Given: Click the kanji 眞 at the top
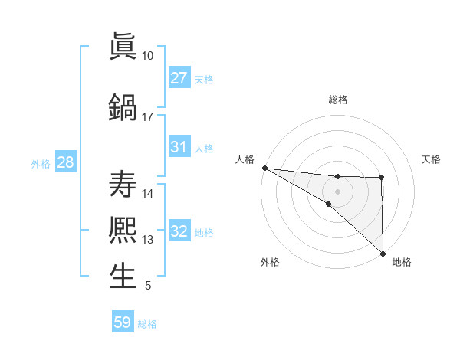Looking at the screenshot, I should (x=123, y=47).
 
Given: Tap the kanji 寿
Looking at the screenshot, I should (x=123, y=185).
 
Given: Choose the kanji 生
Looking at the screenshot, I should (x=123, y=277).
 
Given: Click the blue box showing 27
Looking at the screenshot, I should (x=179, y=78).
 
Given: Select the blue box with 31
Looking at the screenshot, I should (x=179, y=147).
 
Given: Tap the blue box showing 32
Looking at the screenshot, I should (x=179, y=231).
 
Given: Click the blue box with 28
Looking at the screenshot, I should (x=65, y=162).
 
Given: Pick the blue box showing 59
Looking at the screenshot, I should (x=123, y=322).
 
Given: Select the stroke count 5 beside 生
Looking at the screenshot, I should (x=147, y=286).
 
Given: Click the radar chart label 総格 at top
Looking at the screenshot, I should (x=337, y=100).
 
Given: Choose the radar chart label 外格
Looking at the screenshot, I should (x=270, y=262).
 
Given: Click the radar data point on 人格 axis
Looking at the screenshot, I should (x=264, y=167).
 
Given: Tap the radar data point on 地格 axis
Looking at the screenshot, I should (x=382, y=253).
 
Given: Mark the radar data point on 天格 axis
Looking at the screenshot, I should (x=382, y=178).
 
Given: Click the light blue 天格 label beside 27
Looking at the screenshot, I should (x=204, y=79).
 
